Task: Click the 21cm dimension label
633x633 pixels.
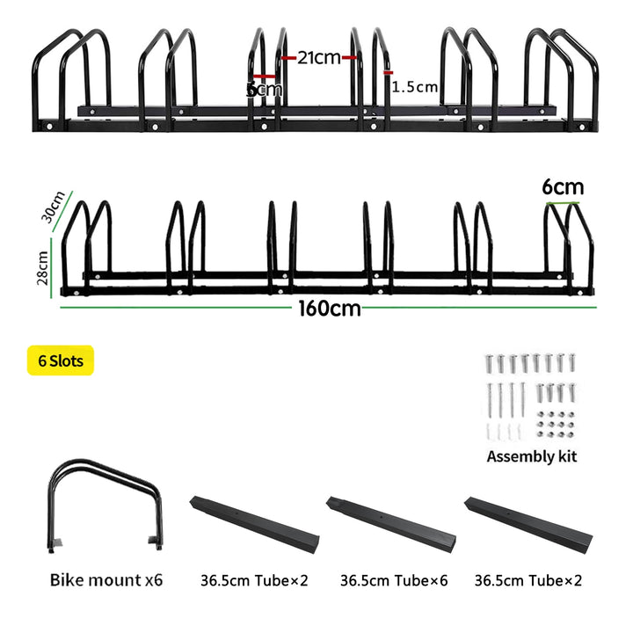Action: [x=319, y=58]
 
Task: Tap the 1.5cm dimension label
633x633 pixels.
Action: [x=415, y=87]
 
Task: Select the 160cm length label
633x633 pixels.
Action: [x=330, y=309]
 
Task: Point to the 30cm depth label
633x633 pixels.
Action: [x=53, y=207]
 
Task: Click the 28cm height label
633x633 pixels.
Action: [x=42, y=267]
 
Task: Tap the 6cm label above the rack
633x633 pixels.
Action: [x=563, y=187]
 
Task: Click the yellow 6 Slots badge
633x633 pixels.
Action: [x=61, y=360]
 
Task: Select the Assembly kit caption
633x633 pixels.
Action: [x=532, y=456]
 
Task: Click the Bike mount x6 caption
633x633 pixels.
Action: [x=106, y=580]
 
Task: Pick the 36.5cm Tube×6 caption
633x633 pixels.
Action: [x=394, y=580]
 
